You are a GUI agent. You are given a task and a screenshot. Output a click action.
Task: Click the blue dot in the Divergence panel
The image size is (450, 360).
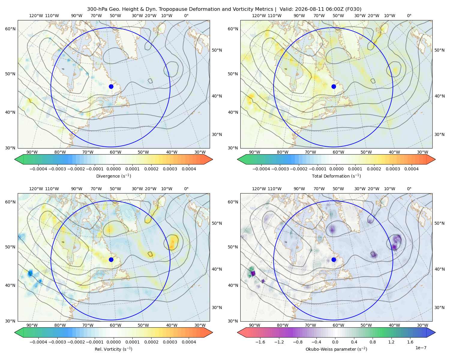tap(111, 86)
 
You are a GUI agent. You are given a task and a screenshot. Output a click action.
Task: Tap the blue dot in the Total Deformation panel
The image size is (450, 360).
tap(334, 86)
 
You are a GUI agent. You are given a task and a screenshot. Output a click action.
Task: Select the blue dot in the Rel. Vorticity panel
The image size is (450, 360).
tap(111, 259)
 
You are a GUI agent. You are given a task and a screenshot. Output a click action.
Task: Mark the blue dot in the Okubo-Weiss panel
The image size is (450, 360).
tap(334, 259)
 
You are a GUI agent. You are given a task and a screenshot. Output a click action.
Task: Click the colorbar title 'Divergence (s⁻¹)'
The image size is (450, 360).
tap(113, 176)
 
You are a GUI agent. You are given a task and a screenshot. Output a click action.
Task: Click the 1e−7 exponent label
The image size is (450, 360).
tap(421, 348)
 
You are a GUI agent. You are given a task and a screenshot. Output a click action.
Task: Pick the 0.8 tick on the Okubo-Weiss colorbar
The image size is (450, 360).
tap(373, 342)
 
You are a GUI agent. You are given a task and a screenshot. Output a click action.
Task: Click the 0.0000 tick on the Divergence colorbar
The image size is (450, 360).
tap(113, 169)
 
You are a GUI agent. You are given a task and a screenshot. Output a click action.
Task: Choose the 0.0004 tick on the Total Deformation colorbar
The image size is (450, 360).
tap(412, 169)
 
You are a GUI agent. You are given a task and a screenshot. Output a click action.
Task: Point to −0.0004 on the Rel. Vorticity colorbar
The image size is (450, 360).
tap(38, 342)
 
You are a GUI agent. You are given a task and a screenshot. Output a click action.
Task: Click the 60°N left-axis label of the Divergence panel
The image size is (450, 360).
tap(10, 29)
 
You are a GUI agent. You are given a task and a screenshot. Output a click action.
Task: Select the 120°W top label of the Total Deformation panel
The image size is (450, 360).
tap(259, 16)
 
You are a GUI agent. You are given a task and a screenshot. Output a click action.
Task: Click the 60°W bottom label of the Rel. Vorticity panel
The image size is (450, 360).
tap(115, 325)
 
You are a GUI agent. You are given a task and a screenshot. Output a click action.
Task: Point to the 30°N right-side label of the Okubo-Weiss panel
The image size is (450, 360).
tap(439, 307)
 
